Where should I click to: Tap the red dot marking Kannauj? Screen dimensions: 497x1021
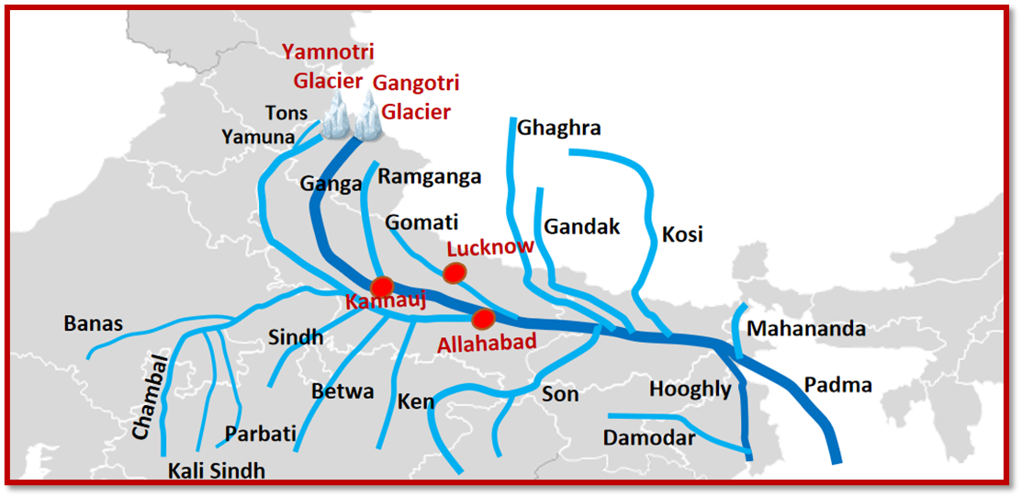tap(383, 286)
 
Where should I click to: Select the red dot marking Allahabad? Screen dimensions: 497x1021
tap(483, 319)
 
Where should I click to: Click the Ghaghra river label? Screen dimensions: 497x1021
tap(559, 128)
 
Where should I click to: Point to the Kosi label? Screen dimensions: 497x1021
tap(682, 234)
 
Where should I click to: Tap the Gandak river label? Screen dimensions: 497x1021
tap(582, 226)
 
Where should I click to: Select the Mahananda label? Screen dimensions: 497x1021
tap(806, 329)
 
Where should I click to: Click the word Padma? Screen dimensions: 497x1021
tap(837, 385)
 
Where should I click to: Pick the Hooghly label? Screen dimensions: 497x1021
tap(690, 389)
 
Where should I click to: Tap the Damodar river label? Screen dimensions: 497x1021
tap(649, 438)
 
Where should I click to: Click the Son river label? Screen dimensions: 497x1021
tap(560, 394)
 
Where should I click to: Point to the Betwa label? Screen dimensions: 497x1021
tap(342, 391)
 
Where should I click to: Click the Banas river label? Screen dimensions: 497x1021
tap(93, 323)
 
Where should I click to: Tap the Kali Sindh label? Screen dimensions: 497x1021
tap(217, 471)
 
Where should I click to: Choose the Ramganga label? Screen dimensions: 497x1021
tap(430, 177)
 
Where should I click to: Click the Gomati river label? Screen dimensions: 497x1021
tap(421, 222)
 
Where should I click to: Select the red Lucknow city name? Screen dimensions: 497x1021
tap(490, 247)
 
